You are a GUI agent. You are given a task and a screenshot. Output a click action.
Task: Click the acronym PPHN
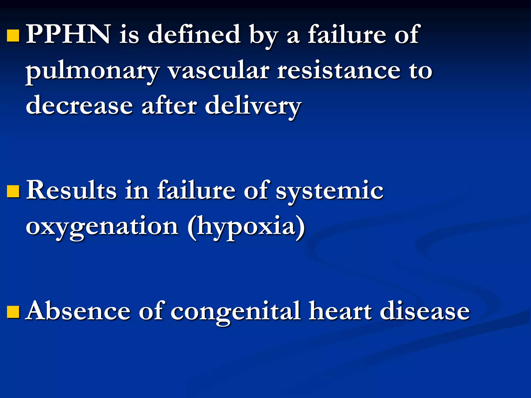69,34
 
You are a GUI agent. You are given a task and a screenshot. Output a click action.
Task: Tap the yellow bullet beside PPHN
13,35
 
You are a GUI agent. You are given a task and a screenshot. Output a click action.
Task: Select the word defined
194,34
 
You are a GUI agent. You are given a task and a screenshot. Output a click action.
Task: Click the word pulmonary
92,71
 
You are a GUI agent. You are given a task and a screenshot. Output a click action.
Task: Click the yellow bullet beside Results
13,191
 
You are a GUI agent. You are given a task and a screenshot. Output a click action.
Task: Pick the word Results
72,190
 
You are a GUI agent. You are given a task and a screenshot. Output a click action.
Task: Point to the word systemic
329,192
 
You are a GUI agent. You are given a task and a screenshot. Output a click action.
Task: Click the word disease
425,311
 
